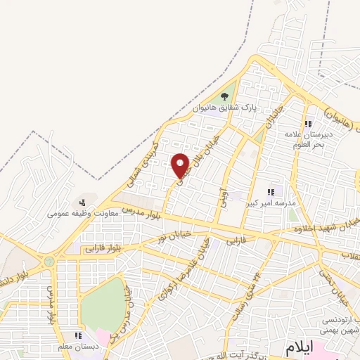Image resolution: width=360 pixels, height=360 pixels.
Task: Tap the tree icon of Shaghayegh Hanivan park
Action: click(224, 96)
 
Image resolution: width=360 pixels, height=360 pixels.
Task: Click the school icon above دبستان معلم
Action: click(79, 336)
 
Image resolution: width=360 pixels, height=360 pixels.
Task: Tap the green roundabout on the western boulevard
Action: click(49, 262)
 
